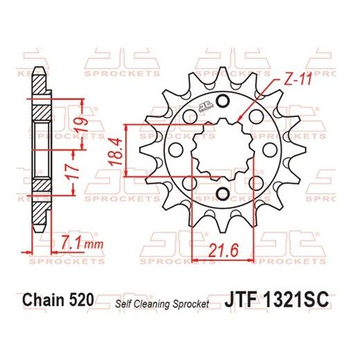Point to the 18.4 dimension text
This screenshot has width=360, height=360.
click(115, 154)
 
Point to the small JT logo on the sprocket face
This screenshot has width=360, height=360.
click(206, 106)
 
